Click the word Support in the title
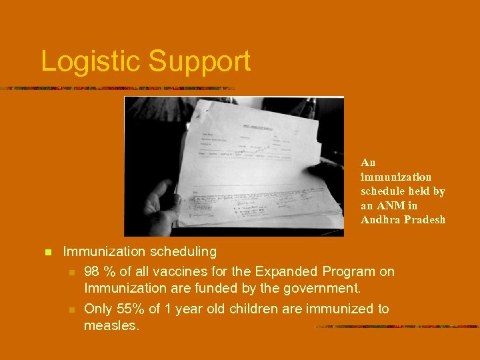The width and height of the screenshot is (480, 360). click(x=199, y=61)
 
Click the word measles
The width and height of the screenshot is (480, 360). click(x=111, y=326)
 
